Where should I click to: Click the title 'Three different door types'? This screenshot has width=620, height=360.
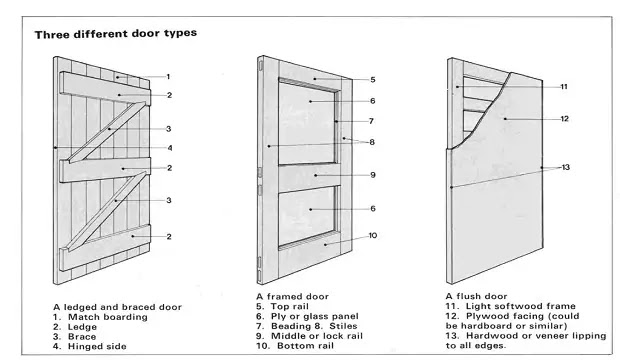tap(115, 33)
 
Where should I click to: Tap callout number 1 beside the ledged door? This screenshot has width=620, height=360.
tap(169, 76)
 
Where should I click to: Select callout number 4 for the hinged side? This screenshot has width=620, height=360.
tap(169, 148)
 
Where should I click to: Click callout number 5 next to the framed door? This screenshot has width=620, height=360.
tap(372, 79)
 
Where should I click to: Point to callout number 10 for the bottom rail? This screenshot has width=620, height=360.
tap(373, 236)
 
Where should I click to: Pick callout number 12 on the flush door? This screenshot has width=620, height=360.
tap(564, 118)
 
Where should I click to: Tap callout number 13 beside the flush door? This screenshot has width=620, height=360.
tap(565, 166)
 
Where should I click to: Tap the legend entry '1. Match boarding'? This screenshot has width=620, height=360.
tap(99, 317)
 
